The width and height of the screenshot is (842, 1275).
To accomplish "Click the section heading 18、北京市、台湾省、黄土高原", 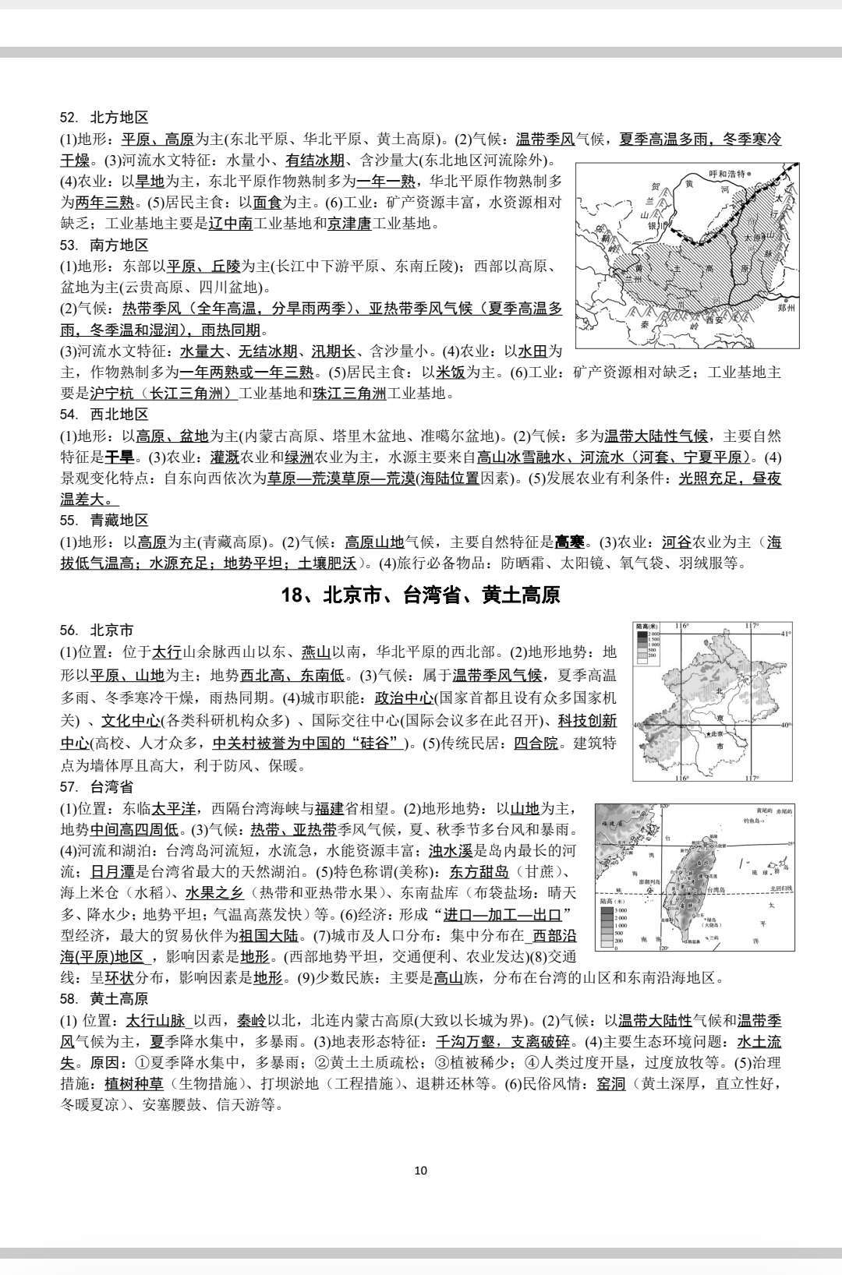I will click(420, 596).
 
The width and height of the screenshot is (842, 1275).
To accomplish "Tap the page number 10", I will click(421, 1170).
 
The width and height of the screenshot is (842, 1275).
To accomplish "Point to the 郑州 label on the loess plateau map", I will click(786, 308).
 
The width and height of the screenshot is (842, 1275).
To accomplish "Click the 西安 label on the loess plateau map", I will click(714, 320).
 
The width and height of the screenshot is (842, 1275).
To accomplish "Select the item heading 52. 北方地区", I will click(104, 118).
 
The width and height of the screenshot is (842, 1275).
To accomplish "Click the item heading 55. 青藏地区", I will click(104, 520).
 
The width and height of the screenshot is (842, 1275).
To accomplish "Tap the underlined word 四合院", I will click(536, 743).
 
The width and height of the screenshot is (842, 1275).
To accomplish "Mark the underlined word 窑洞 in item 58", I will click(611, 1083).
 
